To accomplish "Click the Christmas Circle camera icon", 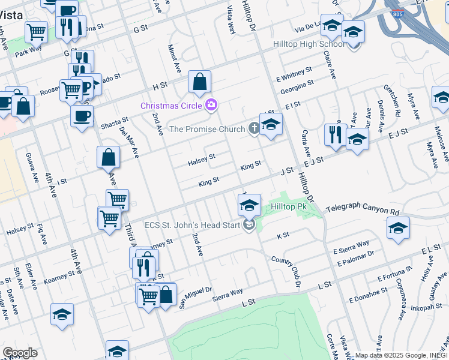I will (211, 106).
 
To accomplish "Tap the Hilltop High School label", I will (309, 44).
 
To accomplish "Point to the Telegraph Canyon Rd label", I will (362, 208).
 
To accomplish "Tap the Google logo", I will (20, 353).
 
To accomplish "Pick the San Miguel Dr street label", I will (197, 296).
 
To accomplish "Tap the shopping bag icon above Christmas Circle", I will (199, 82).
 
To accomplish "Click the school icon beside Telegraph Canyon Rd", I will (398, 229).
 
